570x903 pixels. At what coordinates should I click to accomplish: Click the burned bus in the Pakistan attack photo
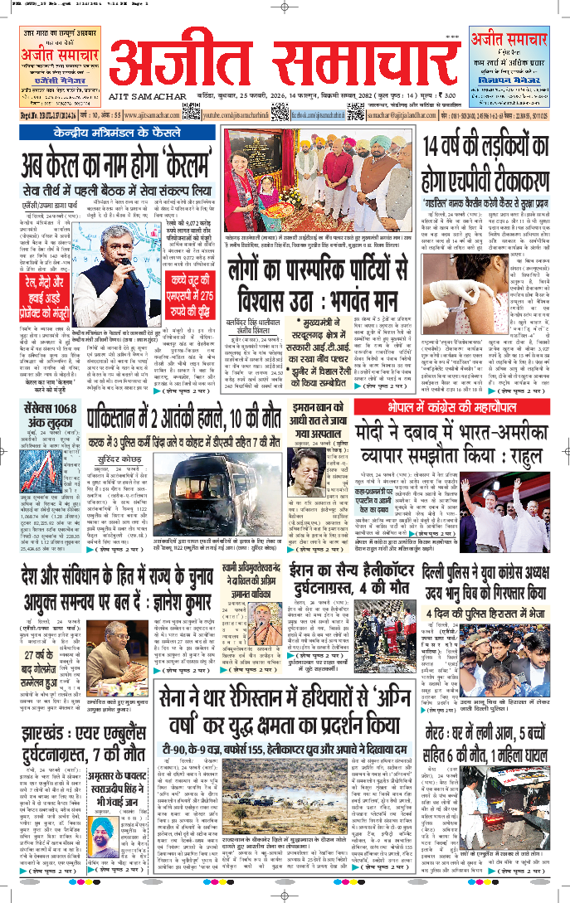pos(178,498)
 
